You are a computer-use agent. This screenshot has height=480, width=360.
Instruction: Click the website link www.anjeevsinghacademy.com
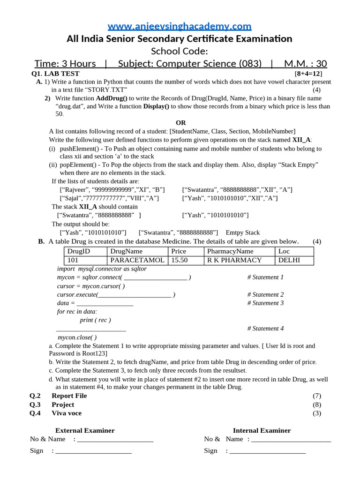(x=180, y=26)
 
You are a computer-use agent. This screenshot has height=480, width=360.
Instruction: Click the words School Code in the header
(x=180, y=51)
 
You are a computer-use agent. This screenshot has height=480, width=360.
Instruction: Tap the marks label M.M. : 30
(x=305, y=64)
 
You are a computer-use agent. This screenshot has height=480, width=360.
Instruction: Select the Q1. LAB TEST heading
(x=55, y=74)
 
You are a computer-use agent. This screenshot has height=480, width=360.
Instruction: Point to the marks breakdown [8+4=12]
(x=308, y=74)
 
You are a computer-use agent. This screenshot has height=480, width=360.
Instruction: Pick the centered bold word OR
(x=180, y=123)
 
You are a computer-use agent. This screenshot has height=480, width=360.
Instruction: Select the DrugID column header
(x=79, y=251)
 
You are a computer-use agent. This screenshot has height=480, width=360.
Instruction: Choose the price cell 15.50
(x=180, y=260)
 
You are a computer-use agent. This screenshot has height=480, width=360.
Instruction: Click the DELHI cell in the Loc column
(x=289, y=260)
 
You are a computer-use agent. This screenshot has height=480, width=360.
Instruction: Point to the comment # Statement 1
(x=265, y=277)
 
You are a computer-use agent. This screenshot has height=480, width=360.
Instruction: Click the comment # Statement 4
(x=265, y=329)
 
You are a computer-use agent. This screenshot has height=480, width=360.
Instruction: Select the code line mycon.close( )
(x=77, y=337)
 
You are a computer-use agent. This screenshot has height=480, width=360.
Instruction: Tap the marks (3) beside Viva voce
(x=317, y=413)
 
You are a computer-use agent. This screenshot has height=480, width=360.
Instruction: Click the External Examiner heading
(x=85, y=430)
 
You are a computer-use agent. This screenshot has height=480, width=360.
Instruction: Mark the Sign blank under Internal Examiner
(x=267, y=451)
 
